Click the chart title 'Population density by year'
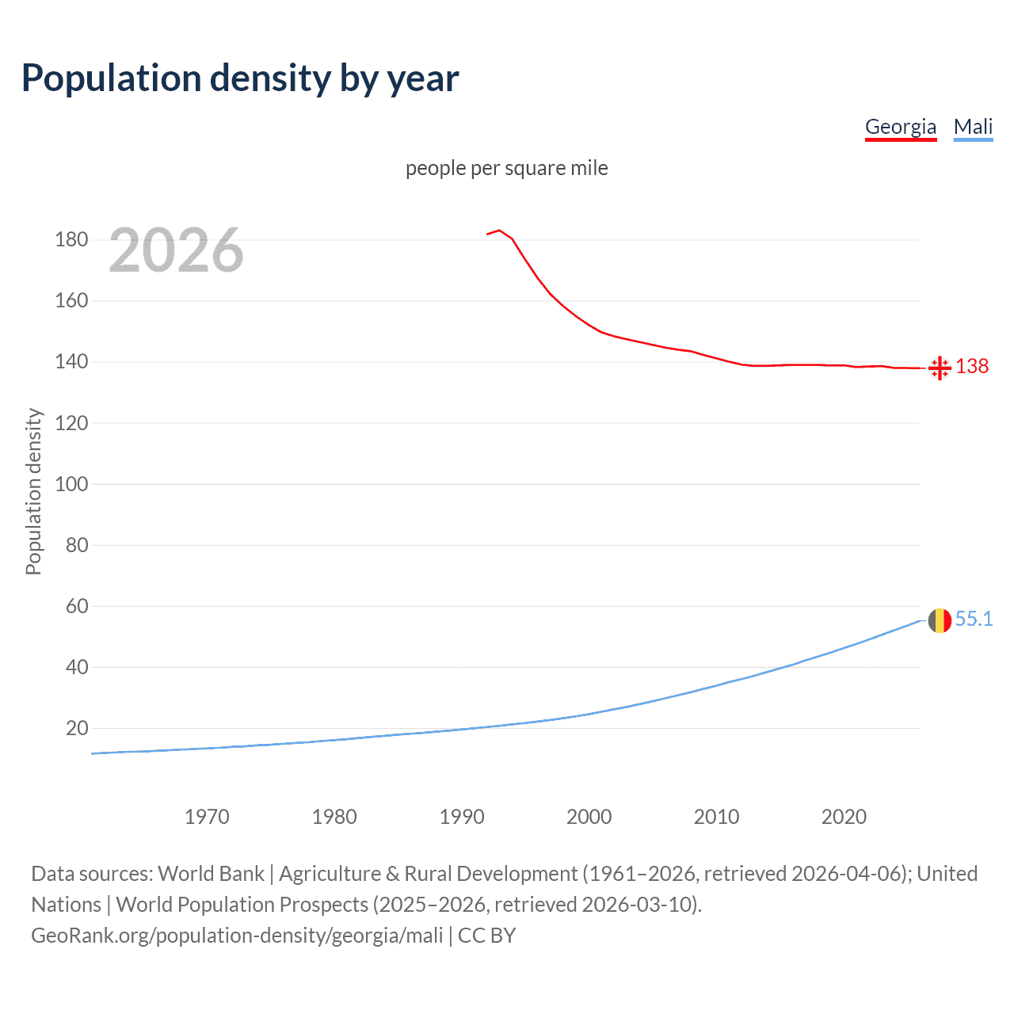click(x=240, y=78)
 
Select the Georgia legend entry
click(x=900, y=127)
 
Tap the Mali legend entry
click(x=973, y=127)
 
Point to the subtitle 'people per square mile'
click(x=506, y=168)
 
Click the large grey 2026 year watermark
click(x=176, y=250)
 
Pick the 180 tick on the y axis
click(x=71, y=239)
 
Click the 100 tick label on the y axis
click(x=71, y=484)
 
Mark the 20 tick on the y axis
click(x=77, y=728)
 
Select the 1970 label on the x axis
click(x=207, y=817)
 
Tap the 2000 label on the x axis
click(x=589, y=817)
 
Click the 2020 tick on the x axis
click(x=844, y=817)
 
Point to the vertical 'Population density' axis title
click(x=33, y=491)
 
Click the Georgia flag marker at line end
click(x=940, y=368)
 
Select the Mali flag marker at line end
click(x=940, y=620)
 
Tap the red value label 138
click(x=972, y=366)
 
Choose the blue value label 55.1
click(x=974, y=619)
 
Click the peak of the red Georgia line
click(x=499, y=231)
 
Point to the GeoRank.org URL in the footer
click(x=237, y=936)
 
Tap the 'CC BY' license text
click(x=486, y=936)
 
